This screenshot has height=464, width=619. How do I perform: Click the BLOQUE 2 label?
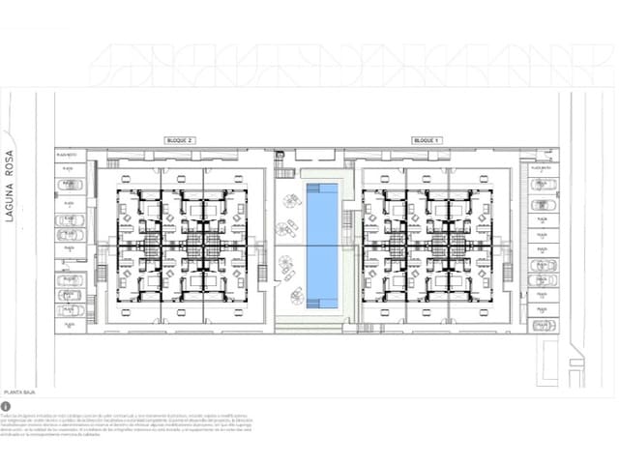[x=181, y=141]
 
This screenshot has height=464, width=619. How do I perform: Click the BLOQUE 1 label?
[x=426, y=141]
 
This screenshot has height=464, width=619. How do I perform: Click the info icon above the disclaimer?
[x=6, y=407]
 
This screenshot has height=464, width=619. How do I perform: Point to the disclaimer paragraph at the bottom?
[x=126, y=426]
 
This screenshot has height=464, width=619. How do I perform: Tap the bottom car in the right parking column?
[x=545, y=325]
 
